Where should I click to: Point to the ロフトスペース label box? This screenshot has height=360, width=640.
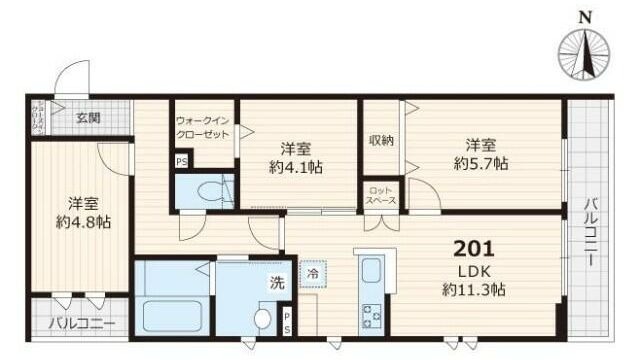click(x=381, y=194)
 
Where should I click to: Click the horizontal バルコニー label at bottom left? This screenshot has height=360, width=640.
click(x=82, y=324)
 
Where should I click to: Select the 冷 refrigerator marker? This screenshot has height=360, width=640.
click(x=313, y=272)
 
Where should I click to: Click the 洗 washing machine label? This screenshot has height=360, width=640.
click(x=276, y=283)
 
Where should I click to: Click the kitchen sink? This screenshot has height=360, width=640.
click(x=369, y=272)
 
